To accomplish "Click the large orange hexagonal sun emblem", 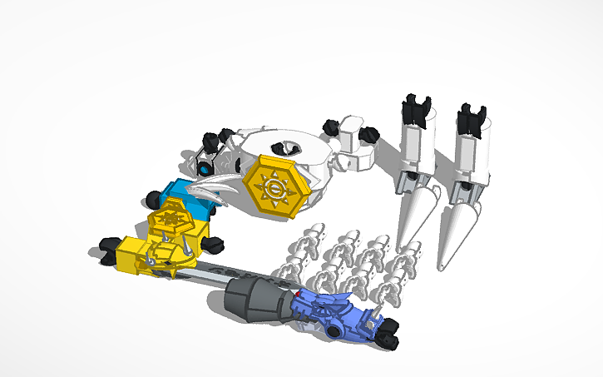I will click(x=274, y=187).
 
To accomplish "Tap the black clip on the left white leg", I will click(x=417, y=112).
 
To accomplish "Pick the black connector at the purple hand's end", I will click(x=388, y=338).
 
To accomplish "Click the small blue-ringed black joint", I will click(x=203, y=170).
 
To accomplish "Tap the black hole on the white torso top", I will click(x=289, y=148).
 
